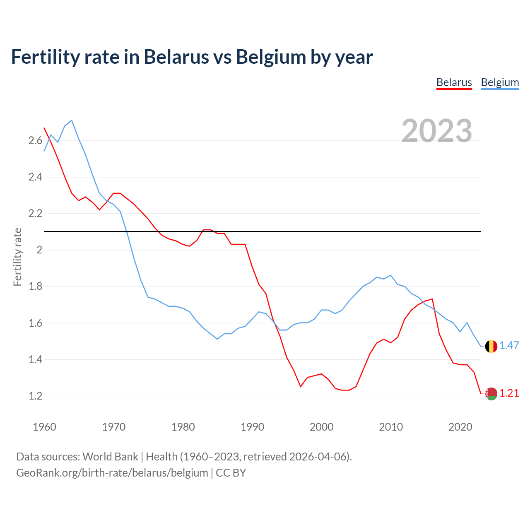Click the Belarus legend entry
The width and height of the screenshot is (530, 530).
pos(454,82)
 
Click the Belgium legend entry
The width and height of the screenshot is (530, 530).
pos(500,82)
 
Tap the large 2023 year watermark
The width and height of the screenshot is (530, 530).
pos(437,131)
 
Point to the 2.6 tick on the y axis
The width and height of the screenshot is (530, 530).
pos(36,141)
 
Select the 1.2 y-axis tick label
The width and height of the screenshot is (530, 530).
pos(36,396)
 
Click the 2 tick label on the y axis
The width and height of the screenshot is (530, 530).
pos(40,250)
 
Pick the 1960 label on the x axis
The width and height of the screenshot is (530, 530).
pos(44,427)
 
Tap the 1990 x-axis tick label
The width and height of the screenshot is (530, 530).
pos(252,427)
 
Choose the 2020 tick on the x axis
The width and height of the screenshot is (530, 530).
pos(460,427)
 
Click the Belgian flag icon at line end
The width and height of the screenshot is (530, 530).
pos(491,346)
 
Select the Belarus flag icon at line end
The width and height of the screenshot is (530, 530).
pos(491,394)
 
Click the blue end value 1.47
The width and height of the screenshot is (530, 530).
pos(509,345)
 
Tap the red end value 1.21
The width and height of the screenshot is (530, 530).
pos(509,393)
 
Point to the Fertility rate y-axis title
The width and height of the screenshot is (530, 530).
pos(17,257)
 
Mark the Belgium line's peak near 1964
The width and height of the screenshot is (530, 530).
pos(72,120)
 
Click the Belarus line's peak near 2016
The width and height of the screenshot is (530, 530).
pos(432,299)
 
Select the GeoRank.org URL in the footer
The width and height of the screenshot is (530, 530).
pos(112,473)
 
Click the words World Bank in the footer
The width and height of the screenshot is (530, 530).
pos(110,457)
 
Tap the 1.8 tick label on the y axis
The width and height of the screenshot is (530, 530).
pos(36,287)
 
